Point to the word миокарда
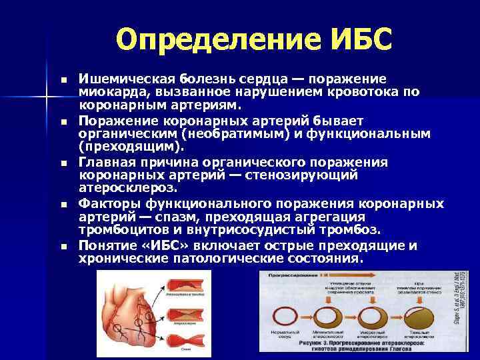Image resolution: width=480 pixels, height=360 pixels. [107, 93]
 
